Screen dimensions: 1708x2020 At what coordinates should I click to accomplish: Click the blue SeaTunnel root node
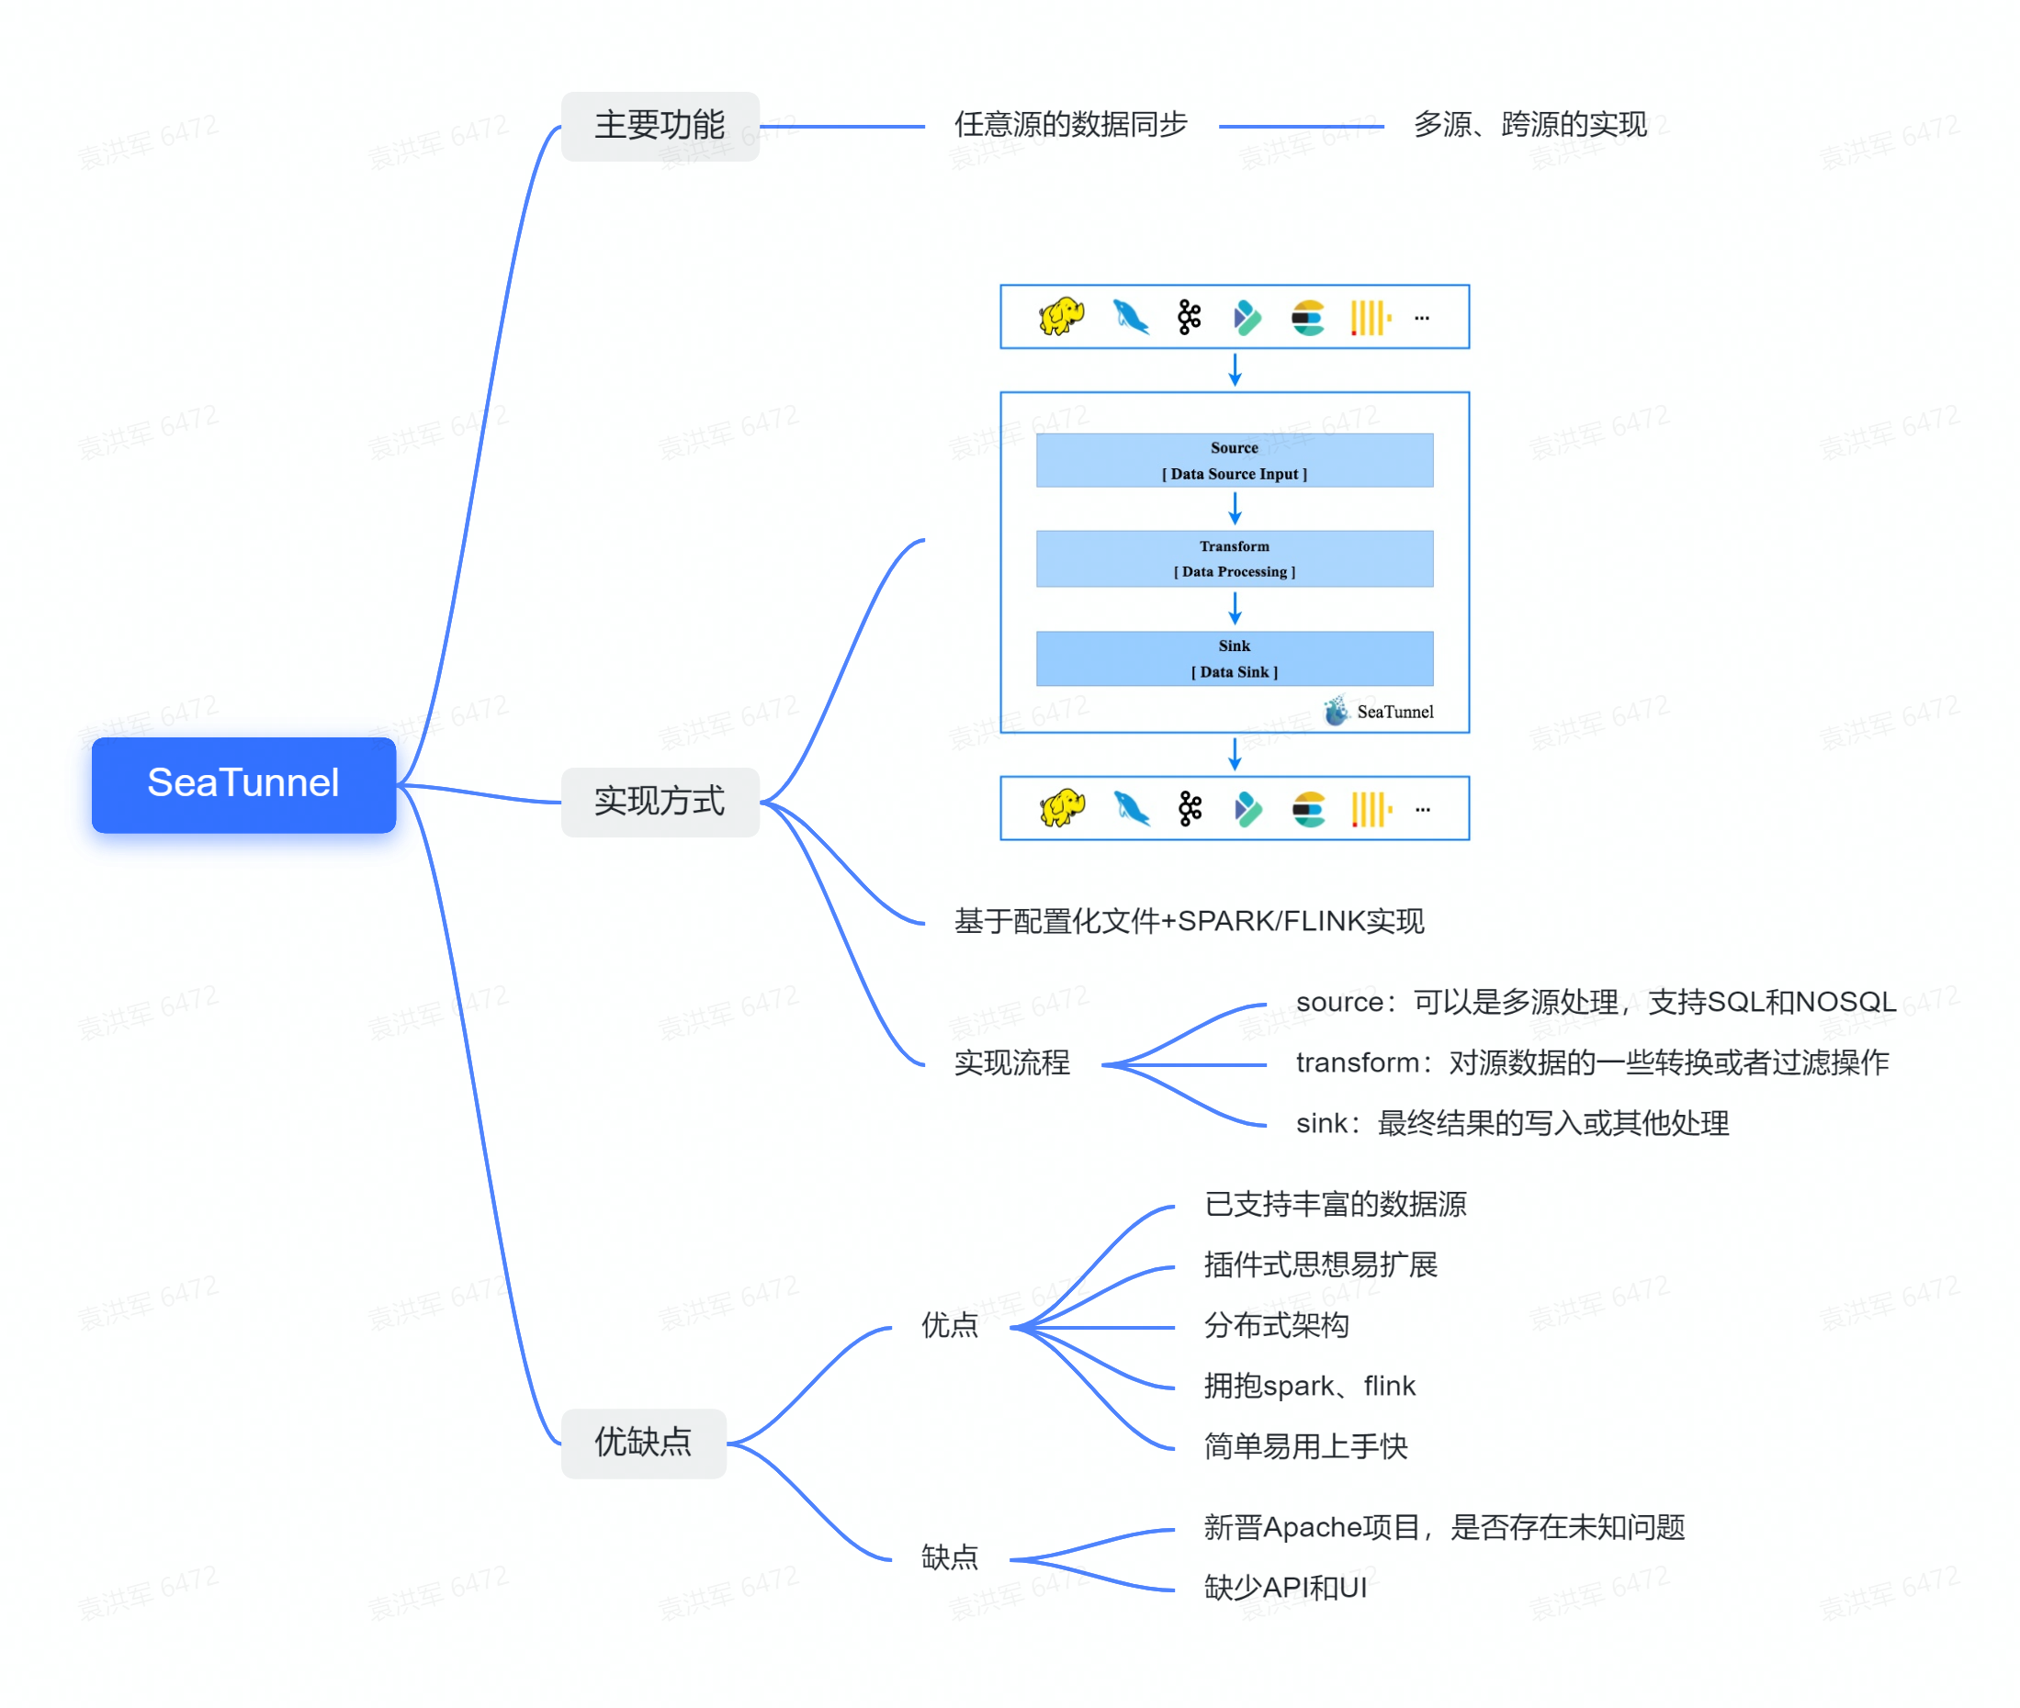point(243,784)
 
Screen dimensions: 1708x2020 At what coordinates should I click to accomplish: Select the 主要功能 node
point(660,126)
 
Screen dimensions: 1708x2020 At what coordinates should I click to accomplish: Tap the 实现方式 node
point(660,802)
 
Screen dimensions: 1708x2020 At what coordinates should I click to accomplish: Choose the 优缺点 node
point(643,1443)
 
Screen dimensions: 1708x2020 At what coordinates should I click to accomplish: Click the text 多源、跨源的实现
point(1529,125)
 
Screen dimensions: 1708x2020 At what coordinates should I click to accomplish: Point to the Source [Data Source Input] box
point(1234,461)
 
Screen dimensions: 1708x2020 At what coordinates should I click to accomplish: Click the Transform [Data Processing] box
point(1234,558)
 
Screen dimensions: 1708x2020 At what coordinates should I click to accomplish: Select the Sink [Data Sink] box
point(1234,658)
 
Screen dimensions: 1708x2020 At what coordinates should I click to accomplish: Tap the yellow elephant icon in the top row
point(1060,317)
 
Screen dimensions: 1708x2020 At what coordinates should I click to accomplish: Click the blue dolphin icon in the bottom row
point(1130,808)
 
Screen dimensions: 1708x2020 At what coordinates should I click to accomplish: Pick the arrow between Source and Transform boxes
point(1235,509)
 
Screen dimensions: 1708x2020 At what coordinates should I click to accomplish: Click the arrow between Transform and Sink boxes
point(1235,608)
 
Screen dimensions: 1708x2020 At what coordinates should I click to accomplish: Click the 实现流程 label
point(1011,1063)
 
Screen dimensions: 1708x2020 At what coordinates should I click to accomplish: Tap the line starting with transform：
point(1591,1063)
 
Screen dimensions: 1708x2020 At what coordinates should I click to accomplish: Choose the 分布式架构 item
point(1275,1326)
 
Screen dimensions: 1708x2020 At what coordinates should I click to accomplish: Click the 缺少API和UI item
point(1284,1588)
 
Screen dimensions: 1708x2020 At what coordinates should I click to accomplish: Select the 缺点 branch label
point(949,1558)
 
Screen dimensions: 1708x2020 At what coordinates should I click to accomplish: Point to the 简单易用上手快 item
point(1304,1446)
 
